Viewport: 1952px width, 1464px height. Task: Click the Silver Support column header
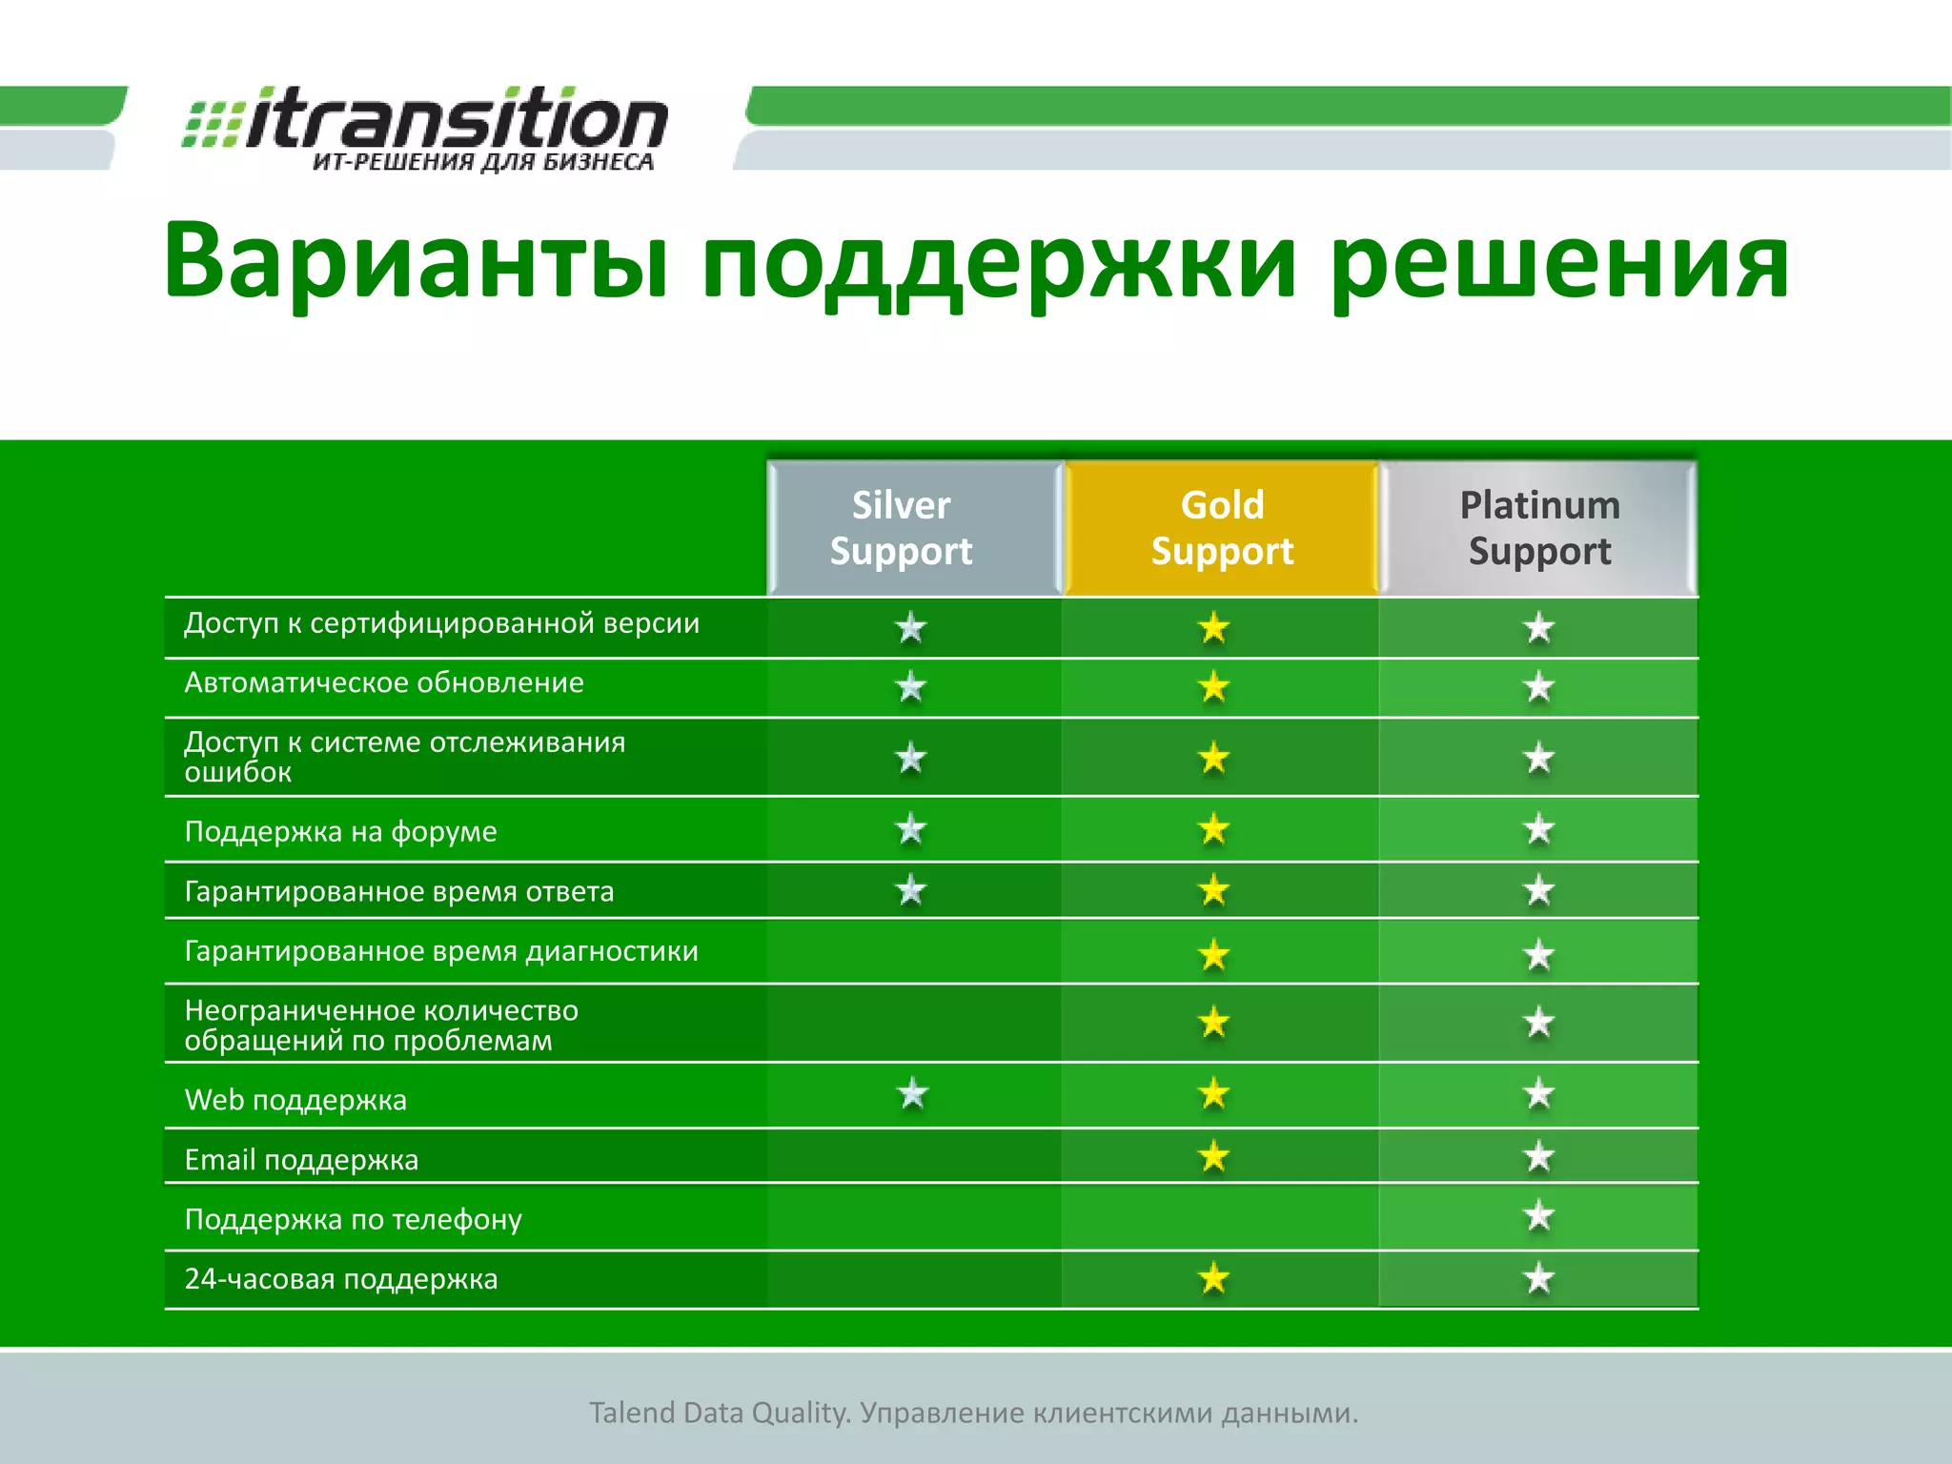click(901, 528)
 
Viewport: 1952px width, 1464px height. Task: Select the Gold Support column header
click(1222, 528)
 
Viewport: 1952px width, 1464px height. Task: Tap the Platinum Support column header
click(1539, 528)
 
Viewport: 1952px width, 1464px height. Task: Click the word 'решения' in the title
click(1559, 262)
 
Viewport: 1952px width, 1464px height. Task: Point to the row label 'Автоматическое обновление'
click(383, 683)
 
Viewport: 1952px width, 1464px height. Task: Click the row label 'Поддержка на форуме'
click(340, 832)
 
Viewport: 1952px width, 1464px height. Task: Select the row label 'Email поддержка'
click(301, 1160)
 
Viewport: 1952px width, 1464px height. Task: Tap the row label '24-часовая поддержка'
click(340, 1279)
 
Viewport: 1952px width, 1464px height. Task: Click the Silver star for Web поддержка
click(912, 1094)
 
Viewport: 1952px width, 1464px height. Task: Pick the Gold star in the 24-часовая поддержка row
click(1213, 1278)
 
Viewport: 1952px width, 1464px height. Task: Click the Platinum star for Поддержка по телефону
click(1538, 1216)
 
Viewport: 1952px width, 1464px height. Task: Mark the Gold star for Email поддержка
click(1213, 1157)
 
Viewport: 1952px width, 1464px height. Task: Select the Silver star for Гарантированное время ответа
click(911, 890)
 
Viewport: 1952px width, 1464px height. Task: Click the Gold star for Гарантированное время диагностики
click(1213, 954)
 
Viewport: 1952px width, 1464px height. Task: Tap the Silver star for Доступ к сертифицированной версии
click(911, 627)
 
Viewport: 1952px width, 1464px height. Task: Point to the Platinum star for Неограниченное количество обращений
click(1538, 1023)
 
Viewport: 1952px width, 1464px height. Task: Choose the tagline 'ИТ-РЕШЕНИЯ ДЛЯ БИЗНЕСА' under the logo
click(483, 162)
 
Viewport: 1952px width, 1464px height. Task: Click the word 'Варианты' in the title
click(415, 262)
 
